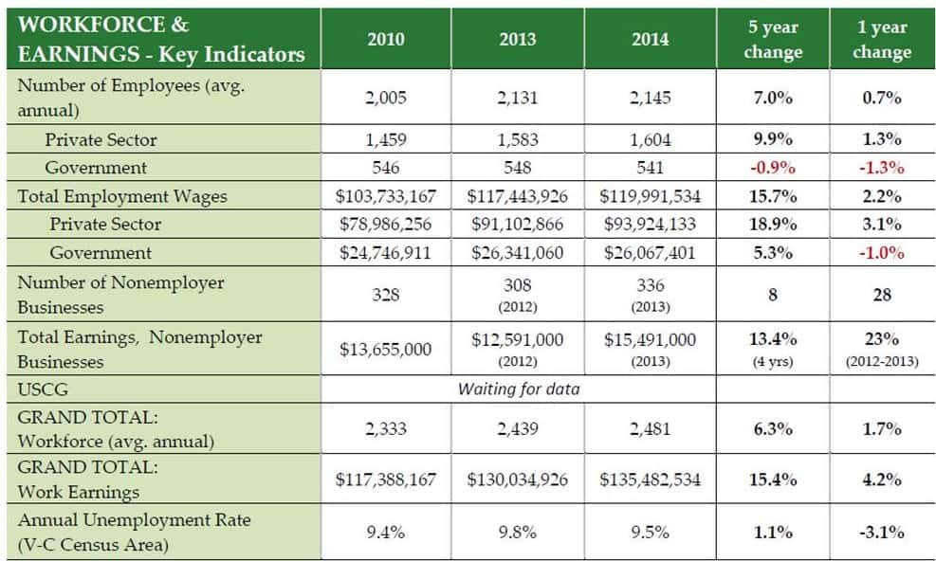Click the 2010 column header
(x=386, y=39)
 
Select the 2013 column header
(x=518, y=39)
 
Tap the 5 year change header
(x=773, y=39)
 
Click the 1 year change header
(x=881, y=39)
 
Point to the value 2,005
(x=386, y=98)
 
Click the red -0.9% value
(x=773, y=168)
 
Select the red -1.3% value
(x=881, y=168)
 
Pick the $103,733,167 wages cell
(x=386, y=196)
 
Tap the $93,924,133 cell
(x=650, y=225)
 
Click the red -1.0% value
(x=881, y=253)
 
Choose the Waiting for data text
(x=518, y=389)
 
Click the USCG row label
(x=43, y=389)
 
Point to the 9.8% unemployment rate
(x=518, y=533)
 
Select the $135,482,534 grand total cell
(x=650, y=480)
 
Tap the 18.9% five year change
(x=773, y=225)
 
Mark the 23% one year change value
(x=881, y=339)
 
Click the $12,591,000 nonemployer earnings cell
(x=518, y=340)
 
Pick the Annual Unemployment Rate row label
(x=134, y=520)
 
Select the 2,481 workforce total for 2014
(x=650, y=428)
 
